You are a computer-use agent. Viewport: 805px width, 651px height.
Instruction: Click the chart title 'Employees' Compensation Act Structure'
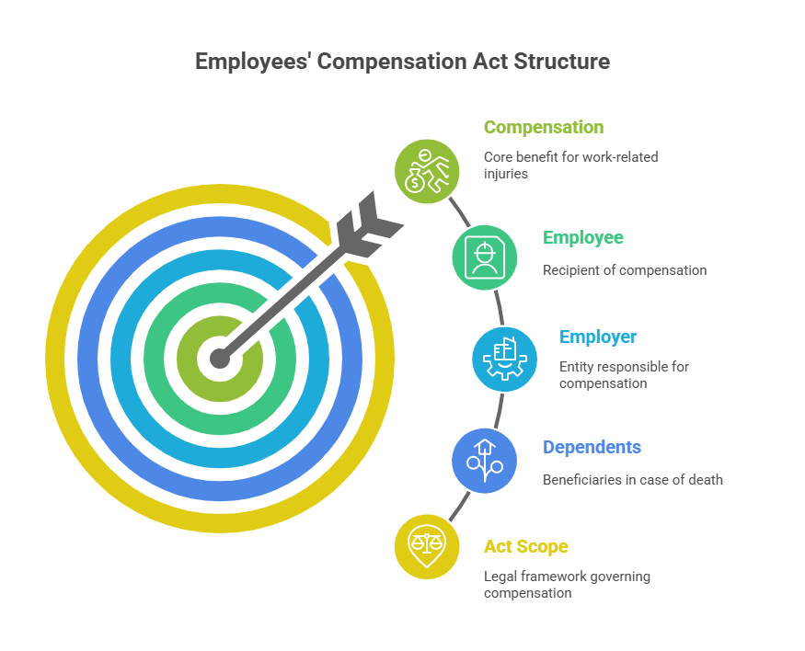[x=402, y=62]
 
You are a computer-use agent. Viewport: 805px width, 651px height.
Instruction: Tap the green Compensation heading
[x=544, y=128]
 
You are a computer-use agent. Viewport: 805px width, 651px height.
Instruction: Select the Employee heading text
[x=582, y=238]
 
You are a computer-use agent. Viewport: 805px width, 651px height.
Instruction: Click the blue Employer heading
[x=598, y=337]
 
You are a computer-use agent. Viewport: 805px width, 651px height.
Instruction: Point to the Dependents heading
[x=592, y=448]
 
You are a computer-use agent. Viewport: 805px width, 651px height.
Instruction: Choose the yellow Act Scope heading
[x=525, y=547]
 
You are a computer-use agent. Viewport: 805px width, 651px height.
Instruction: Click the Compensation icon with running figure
[x=428, y=171]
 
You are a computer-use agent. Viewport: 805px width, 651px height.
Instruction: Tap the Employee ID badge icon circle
[x=485, y=257]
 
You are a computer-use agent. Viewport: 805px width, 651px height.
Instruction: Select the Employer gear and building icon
[x=504, y=359]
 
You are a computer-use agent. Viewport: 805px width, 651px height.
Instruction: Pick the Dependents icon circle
[x=485, y=460]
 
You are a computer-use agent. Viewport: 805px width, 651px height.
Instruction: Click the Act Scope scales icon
[x=427, y=546]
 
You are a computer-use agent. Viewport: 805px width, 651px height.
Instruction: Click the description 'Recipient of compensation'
[x=624, y=271]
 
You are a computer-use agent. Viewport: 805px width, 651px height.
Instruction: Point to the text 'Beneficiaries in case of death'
[x=632, y=480]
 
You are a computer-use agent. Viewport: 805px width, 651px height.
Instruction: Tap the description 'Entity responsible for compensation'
[x=624, y=375]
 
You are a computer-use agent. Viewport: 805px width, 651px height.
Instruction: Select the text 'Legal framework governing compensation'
[x=567, y=585]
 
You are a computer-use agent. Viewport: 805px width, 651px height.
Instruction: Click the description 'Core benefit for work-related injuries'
[x=570, y=165]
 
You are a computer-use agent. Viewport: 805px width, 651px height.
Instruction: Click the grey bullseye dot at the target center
[x=219, y=358]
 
